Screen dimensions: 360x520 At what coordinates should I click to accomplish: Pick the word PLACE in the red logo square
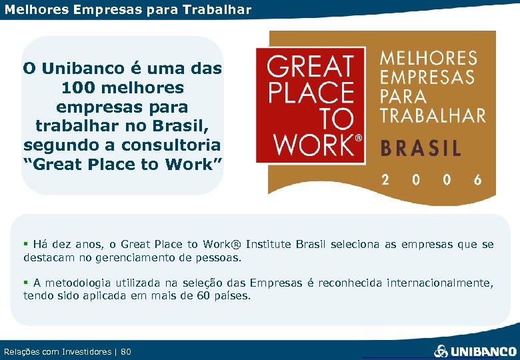click(310, 93)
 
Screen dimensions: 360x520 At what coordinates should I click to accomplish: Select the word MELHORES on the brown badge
click(429, 59)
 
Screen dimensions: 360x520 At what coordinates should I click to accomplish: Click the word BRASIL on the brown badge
click(421, 147)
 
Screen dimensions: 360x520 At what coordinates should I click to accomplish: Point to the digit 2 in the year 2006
click(385, 180)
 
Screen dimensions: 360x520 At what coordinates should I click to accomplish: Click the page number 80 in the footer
click(126, 351)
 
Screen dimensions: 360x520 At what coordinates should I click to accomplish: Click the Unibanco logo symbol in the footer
click(441, 351)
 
